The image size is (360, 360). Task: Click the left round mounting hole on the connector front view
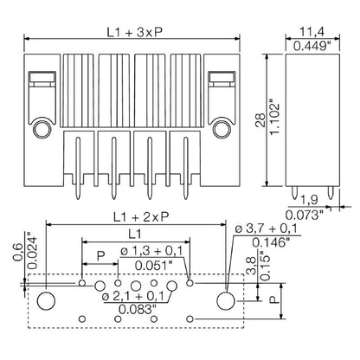[x=39, y=132]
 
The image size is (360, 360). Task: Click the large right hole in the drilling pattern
[x=227, y=300]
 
